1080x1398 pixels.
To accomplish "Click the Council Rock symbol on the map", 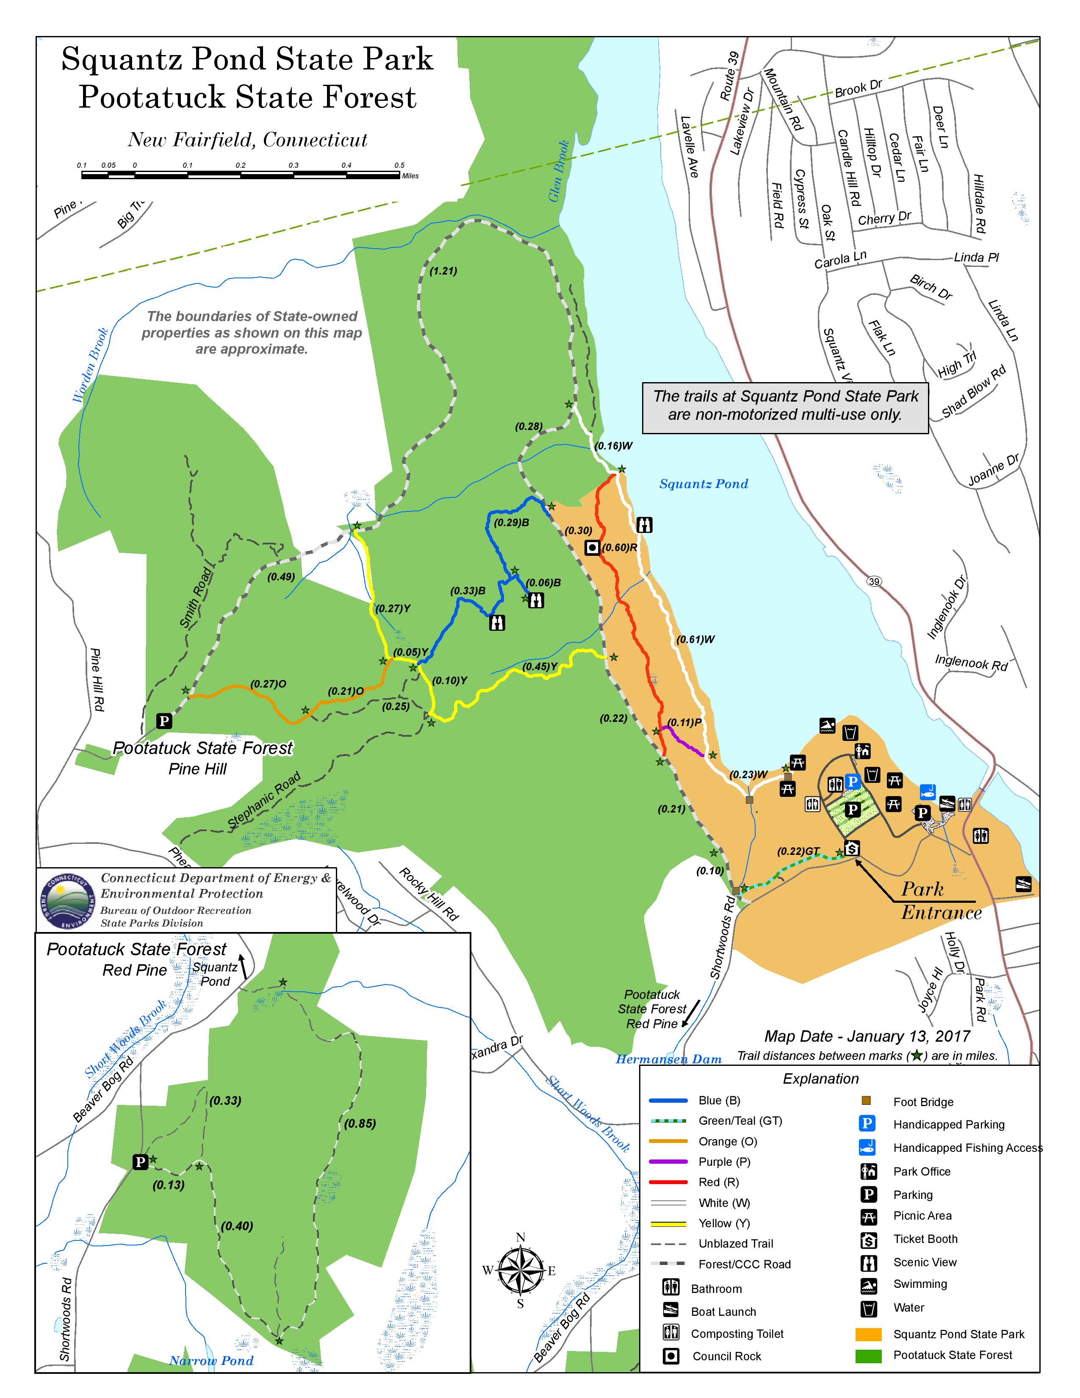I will click(593, 547).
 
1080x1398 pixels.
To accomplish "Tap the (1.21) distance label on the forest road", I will click(443, 271).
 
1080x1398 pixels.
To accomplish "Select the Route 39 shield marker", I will click(874, 581).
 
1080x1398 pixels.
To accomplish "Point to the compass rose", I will click(520, 1270).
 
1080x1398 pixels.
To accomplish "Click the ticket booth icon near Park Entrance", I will click(852, 849).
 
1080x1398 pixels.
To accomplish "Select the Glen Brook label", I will click(558, 172).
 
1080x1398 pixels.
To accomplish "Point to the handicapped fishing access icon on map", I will click(928, 792).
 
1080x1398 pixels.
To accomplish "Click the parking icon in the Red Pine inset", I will click(140, 1161).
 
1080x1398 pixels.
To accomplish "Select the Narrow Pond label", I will click(211, 1361).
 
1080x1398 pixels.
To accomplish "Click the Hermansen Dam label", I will click(669, 1059).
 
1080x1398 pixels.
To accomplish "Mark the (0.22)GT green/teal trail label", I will click(798, 852).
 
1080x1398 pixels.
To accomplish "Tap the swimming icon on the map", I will click(827, 725).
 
